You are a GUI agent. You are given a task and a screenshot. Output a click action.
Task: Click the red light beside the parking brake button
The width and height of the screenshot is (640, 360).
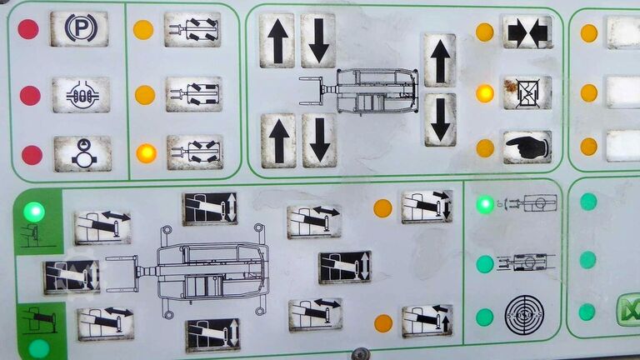[x=28, y=29]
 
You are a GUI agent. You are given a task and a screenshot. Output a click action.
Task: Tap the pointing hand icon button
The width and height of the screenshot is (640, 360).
[x=527, y=147]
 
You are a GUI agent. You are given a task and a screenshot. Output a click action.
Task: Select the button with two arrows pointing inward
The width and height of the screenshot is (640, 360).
[x=527, y=32]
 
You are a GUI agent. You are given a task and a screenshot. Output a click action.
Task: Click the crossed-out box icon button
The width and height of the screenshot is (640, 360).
[x=527, y=92]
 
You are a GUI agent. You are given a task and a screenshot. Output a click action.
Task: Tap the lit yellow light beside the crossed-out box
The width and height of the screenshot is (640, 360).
[x=485, y=93]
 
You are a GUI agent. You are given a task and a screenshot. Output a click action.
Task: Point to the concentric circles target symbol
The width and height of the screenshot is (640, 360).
[x=524, y=315]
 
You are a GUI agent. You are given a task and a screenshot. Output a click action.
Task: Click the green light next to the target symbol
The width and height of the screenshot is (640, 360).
[x=485, y=317]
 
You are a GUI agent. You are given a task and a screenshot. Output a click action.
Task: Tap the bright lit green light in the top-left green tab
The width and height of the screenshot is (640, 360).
[x=34, y=212]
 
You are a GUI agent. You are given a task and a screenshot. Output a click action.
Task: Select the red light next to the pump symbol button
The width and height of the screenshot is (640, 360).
[x=32, y=155]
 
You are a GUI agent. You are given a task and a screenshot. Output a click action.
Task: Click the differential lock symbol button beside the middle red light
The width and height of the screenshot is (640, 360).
[x=81, y=95]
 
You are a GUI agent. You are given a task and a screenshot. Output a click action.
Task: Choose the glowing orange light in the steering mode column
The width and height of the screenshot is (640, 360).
[x=146, y=153]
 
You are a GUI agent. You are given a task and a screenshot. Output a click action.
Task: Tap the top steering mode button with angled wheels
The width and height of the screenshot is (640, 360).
[x=192, y=29]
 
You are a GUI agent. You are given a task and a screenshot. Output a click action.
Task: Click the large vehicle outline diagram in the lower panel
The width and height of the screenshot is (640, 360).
[x=187, y=271]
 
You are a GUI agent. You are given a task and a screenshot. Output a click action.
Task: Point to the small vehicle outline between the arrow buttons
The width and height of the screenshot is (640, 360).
[x=359, y=91]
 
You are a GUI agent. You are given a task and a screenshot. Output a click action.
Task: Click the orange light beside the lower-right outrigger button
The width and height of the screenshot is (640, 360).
[x=383, y=323]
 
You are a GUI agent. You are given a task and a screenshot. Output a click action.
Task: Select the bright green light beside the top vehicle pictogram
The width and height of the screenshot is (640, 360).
[x=485, y=204]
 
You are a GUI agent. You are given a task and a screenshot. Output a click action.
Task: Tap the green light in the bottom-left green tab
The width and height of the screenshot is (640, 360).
[x=39, y=348]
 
